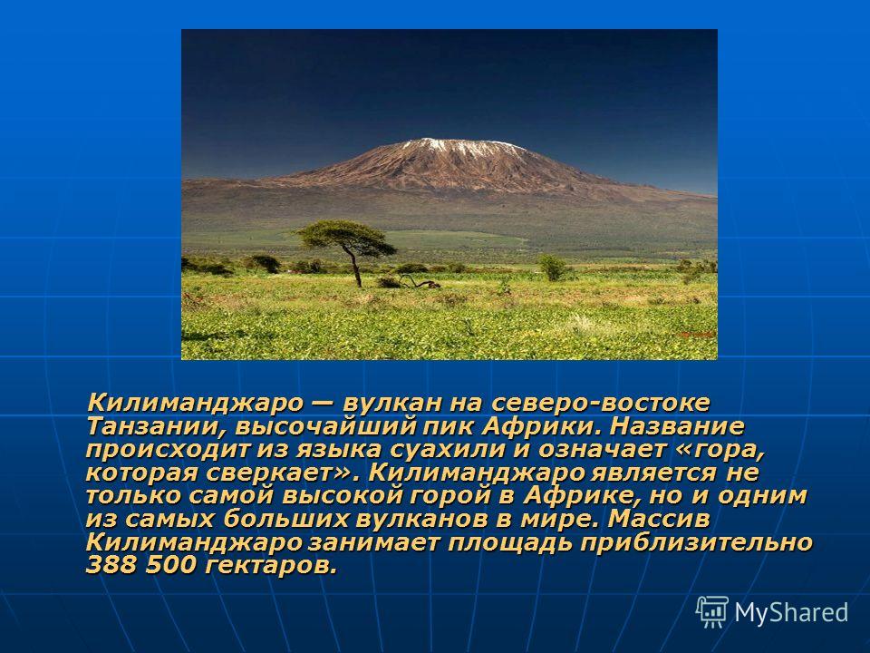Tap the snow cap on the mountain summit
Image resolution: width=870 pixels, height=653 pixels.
462,145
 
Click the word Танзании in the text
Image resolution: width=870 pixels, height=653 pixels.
157,427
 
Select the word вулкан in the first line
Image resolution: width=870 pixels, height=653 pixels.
383,403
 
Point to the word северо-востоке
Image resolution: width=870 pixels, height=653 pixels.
600,403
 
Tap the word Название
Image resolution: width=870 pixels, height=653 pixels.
676,426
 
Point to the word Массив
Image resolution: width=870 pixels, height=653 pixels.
659,519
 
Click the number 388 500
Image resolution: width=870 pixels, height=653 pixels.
141,565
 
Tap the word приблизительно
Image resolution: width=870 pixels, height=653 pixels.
696,542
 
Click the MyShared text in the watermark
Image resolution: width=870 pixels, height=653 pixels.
791,612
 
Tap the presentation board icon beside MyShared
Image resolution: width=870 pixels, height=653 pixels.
712,612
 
